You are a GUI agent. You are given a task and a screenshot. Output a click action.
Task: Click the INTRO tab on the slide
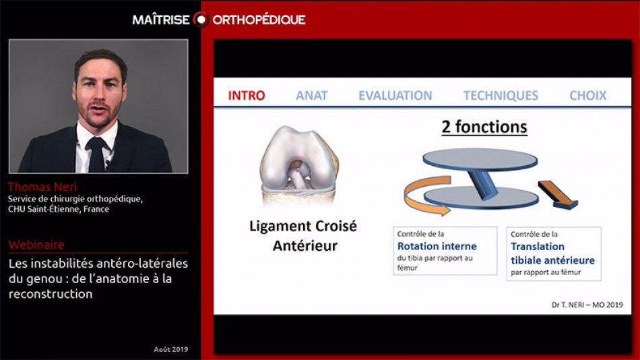tap(247, 96)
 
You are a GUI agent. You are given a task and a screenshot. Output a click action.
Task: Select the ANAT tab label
tap(311, 96)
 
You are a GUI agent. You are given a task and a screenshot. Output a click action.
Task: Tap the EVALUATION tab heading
tap(395, 96)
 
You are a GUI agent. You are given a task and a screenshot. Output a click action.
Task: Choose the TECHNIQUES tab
tap(501, 96)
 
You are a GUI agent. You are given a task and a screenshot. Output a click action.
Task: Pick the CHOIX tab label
tap(587, 96)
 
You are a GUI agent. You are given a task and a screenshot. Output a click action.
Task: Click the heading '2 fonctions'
tap(484, 127)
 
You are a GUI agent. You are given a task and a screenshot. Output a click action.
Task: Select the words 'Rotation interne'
tap(437, 246)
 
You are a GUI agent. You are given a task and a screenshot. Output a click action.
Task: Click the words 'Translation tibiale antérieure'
tap(552, 253)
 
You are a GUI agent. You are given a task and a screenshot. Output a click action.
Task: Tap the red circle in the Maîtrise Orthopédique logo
tap(200, 19)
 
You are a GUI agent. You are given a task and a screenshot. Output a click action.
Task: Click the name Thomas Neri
tap(35, 187)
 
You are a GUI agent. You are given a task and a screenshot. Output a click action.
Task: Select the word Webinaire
tap(36, 245)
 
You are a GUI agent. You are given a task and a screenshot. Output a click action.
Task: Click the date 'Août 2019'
tap(170, 349)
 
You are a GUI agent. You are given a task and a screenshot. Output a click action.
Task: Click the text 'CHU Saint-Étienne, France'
tap(59, 209)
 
